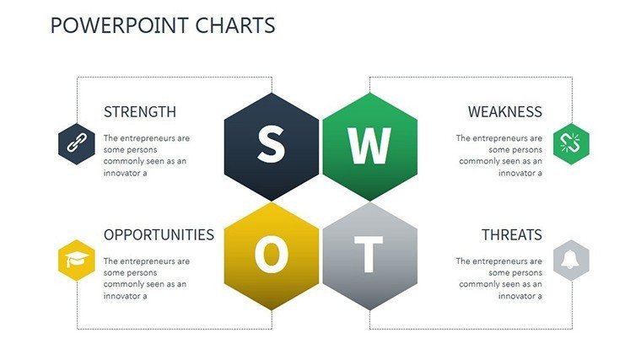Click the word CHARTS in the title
pos(235,25)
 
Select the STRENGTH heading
pos(140,112)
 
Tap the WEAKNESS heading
pos(505,112)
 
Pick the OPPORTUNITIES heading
pos(159,235)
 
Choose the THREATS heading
pos(512,235)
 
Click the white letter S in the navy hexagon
pos(271,143)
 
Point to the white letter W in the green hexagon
pos(369,146)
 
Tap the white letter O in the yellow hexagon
pos(271,255)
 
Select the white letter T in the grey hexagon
pos(369,254)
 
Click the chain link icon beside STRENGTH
pos(77,143)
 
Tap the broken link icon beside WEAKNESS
pos(571,143)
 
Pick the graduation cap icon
pos(77,260)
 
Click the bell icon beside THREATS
pos(570,260)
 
